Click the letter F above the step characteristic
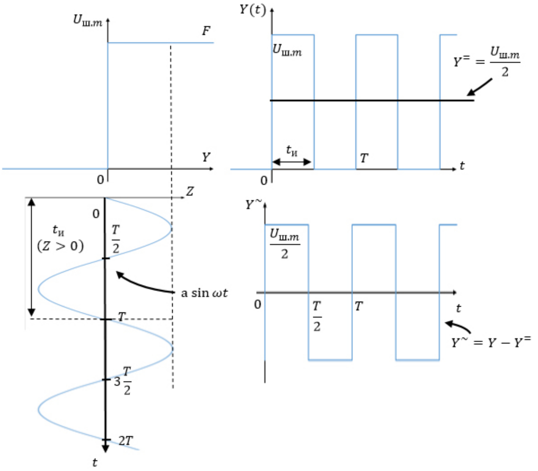coord(206,31)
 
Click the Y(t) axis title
coord(253,10)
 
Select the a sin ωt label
coord(204,293)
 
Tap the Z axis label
coord(190,191)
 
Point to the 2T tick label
coord(126,441)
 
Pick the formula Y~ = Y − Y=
coord(490,342)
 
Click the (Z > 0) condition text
coord(60,246)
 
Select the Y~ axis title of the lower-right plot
coord(253,205)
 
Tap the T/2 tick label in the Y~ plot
coord(317,316)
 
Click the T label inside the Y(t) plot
coord(364,158)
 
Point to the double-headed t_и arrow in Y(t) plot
coord(292,162)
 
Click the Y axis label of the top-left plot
coord(206,157)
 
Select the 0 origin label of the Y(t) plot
coord(264,181)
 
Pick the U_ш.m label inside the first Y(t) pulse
coord(287,51)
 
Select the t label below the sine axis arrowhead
coord(95,462)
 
